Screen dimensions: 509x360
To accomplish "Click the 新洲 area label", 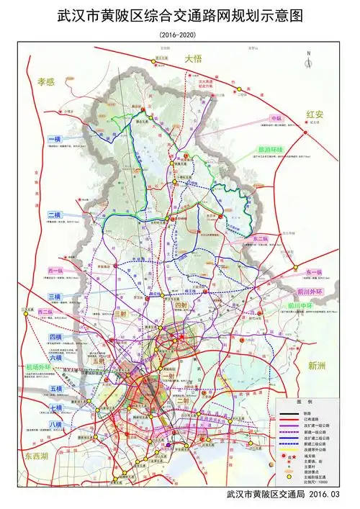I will [x=318, y=366].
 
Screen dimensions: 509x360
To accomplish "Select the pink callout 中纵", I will [x=276, y=118].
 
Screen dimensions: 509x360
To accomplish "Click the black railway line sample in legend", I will [x=289, y=413].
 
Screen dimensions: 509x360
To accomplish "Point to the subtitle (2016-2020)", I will [x=180, y=34].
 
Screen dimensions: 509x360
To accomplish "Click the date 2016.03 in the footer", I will [x=332, y=495].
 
